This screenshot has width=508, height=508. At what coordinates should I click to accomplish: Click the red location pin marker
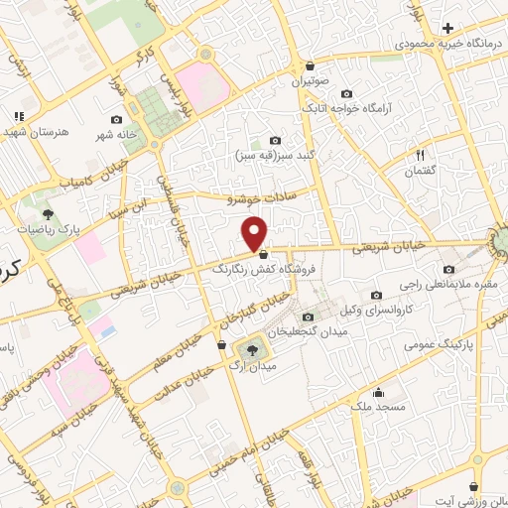[255, 233]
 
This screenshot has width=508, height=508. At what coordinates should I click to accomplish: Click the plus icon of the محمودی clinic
[448, 28]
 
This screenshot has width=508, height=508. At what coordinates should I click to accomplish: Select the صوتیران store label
[310, 82]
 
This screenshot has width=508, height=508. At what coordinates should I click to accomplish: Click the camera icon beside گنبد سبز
[275, 141]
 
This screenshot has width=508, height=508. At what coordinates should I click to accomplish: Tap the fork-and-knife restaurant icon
[420, 154]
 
